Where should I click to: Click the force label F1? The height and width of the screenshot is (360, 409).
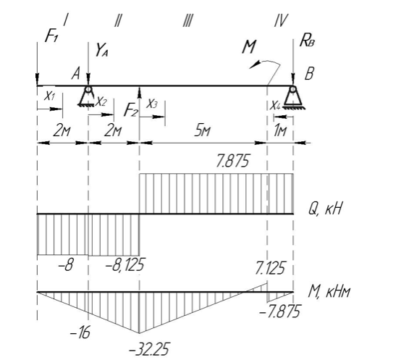click(51, 35)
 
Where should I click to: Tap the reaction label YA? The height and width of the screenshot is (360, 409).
click(102, 50)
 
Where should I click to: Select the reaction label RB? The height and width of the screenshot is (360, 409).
click(307, 41)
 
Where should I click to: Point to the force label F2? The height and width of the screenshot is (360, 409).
click(131, 109)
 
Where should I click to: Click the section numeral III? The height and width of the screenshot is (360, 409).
click(187, 20)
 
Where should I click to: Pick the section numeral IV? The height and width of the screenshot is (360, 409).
click(281, 20)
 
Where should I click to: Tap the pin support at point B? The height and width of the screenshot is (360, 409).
click(293, 97)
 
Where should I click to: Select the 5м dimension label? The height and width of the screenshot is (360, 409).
click(202, 131)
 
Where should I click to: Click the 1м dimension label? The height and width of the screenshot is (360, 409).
click(280, 130)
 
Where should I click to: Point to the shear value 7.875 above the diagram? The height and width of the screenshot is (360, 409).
click(233, 161)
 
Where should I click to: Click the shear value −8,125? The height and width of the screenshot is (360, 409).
click(125, 264)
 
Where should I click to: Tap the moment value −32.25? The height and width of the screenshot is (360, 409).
click(149, 349)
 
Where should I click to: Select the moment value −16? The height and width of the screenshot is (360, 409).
click(80, 332)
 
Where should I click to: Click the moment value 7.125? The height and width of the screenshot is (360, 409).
click(270, 267)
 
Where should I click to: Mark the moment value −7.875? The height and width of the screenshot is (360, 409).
click(280, 311)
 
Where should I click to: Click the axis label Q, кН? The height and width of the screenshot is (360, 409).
click(325, 209)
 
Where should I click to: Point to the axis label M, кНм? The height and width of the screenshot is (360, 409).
click(329, 291)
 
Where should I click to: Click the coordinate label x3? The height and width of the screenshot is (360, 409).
click(152, 104)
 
